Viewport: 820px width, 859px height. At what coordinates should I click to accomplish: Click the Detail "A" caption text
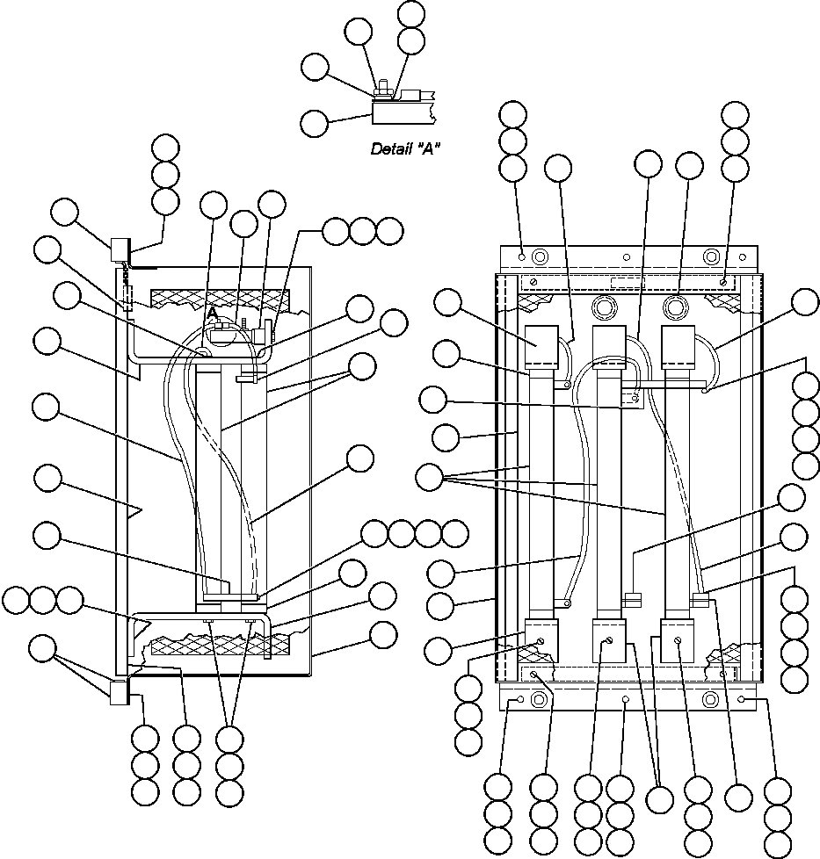[405, 148]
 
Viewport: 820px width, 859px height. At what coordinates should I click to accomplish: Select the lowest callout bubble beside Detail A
[314, 122]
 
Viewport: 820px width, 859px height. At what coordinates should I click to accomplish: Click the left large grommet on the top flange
[540, 256]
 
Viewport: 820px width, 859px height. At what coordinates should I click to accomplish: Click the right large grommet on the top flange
[709, 256]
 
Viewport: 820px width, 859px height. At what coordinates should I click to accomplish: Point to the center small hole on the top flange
[625, 258]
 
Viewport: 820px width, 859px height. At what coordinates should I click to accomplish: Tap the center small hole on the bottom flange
[625, 700]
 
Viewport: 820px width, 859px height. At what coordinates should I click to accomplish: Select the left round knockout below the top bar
[604, 308]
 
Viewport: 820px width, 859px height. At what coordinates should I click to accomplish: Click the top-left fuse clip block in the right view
[542, 348]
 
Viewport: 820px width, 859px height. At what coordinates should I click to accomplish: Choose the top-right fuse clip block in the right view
[678, 348]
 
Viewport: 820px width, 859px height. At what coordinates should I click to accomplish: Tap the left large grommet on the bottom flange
[540, 701]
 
